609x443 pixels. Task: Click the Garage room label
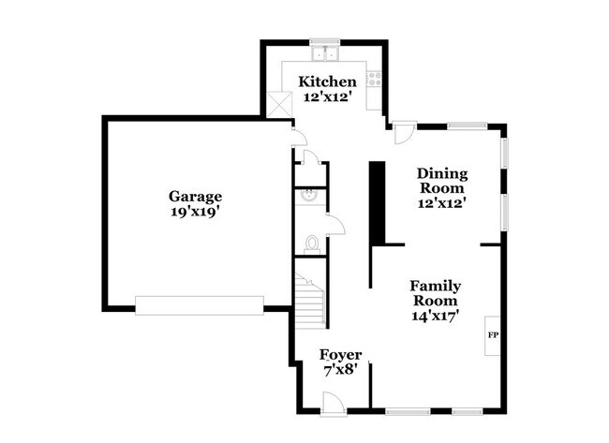(x=195, y=197)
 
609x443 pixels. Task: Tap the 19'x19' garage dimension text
(x=195, y=212)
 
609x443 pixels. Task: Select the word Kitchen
(x=327, y=81)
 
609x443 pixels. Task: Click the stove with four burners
(x=375, y=80)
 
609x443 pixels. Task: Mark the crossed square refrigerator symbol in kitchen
(x=278, y=105)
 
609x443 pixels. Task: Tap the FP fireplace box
(x=491, y=334)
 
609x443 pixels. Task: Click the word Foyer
(x=340, y=355)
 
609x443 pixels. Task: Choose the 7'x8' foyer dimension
(x=340, y=370)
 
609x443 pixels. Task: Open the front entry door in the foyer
(x=333, y=403)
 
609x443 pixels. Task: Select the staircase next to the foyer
(x=310, y=300)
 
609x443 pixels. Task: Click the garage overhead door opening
(x=200, y=305)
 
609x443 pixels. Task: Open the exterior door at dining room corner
(x=403, y=133)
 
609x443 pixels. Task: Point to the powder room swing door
(x=334, y=225)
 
